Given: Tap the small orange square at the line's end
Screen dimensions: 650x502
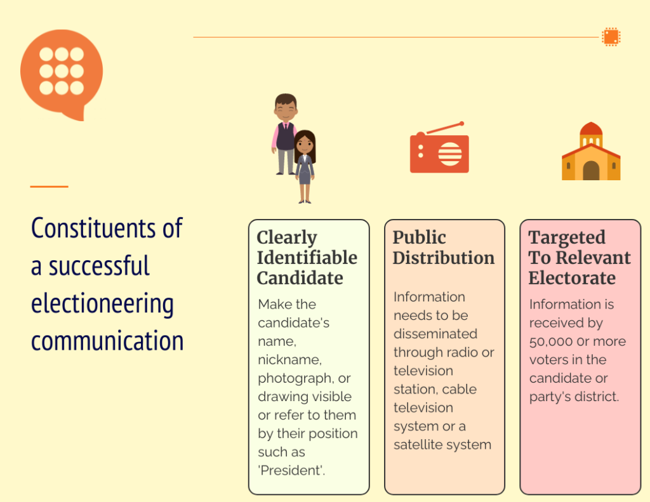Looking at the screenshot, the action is (x=611, y=36).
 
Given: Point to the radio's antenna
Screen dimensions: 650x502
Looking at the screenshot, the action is (x=444, y=128).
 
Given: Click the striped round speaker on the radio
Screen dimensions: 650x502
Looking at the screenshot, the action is (x=450, y=154).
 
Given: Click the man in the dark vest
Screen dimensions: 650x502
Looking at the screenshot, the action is (x=285, y=133).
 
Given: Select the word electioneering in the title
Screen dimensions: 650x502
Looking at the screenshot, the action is (x=102, y=304).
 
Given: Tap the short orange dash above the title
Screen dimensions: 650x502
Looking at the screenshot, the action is (x=49, y=187).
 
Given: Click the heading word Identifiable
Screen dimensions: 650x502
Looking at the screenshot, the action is (x=307, y=258).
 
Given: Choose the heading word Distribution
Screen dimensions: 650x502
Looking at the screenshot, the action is (x=444, y=258).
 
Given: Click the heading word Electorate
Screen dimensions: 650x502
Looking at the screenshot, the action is (x=572, y=278).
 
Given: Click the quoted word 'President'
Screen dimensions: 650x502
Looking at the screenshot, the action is (x=291, y=470).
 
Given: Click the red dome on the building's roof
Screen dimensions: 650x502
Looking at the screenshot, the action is (x=591, y=128).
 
